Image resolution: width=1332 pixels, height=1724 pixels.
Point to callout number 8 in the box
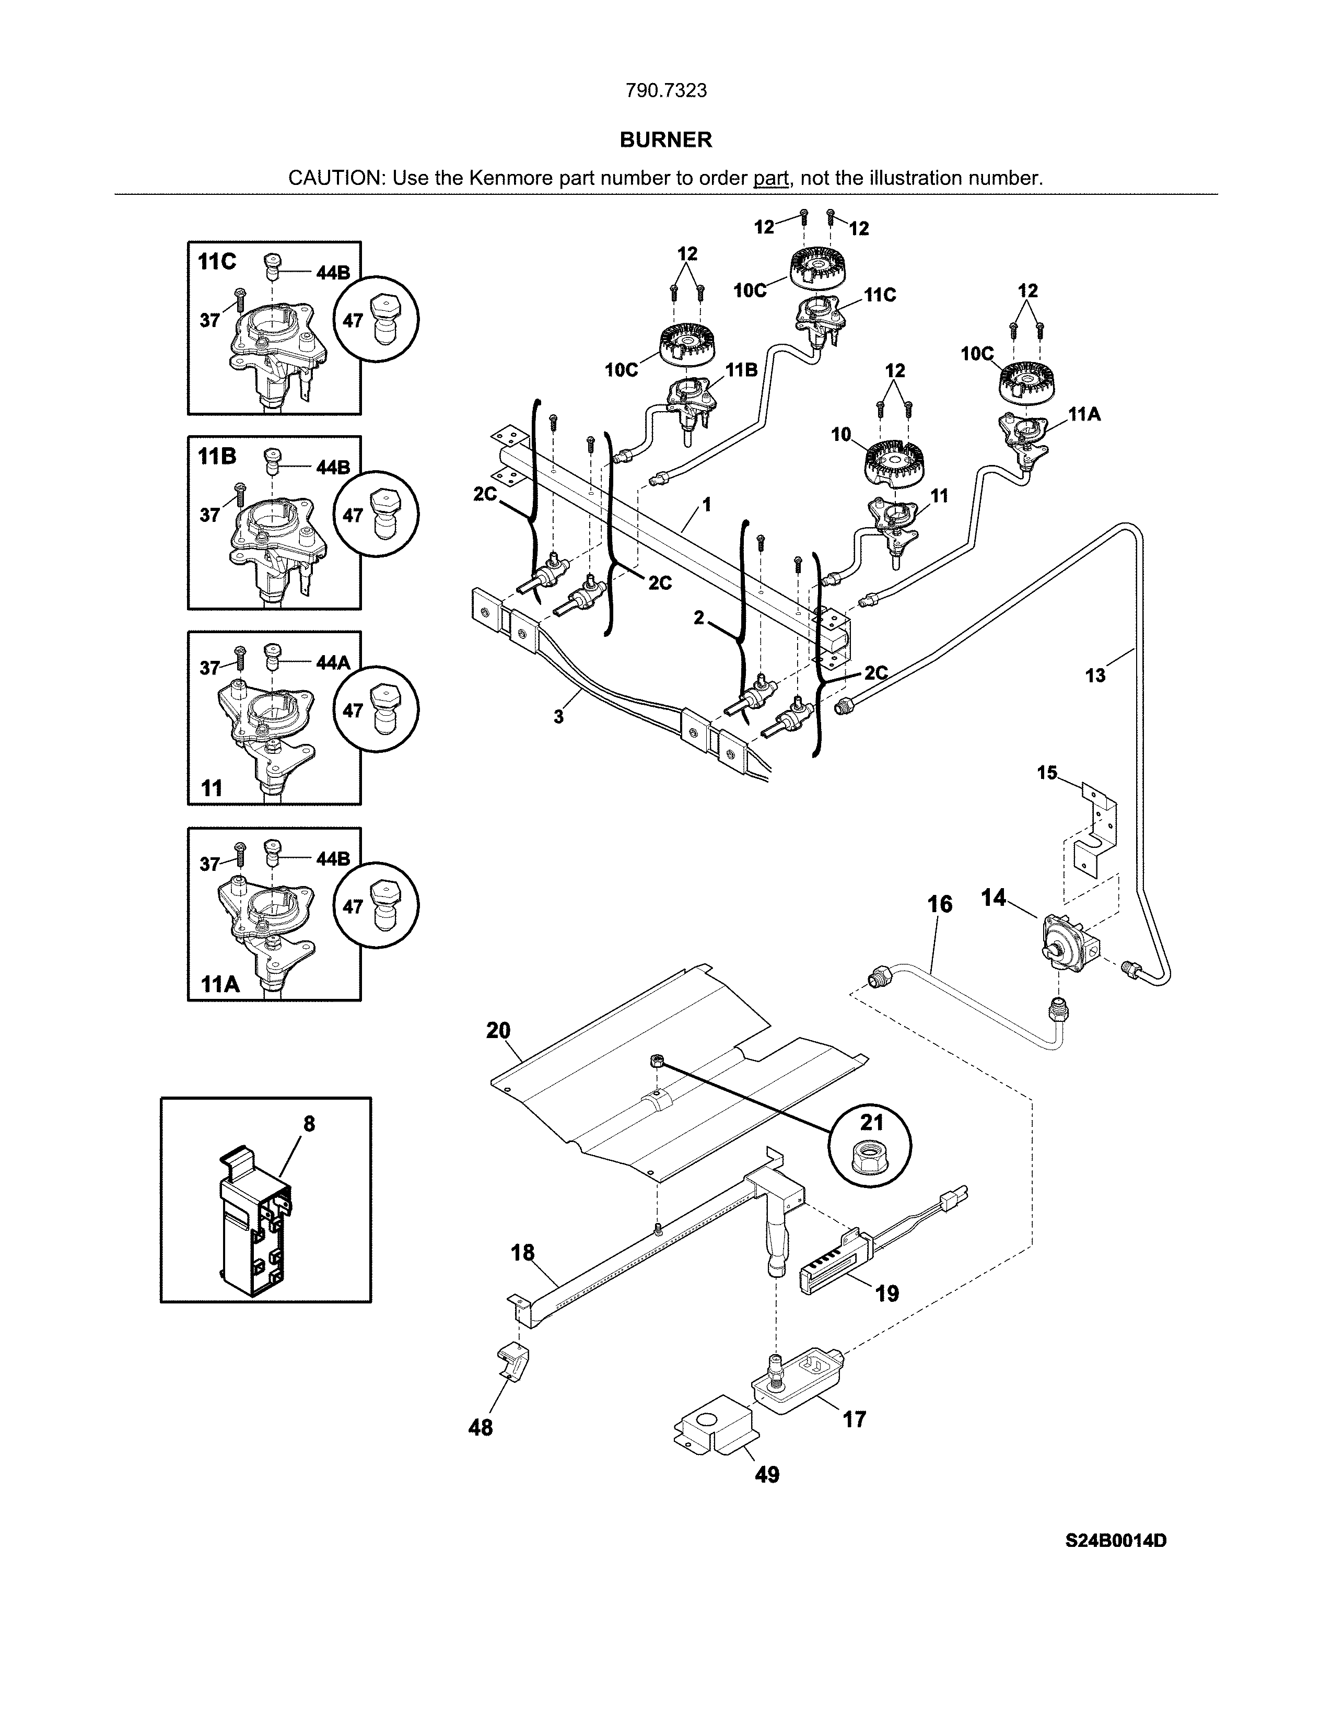point(309,1123)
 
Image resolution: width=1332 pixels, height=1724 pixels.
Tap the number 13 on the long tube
point(1095,675)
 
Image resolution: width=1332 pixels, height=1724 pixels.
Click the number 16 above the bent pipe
point(939,904)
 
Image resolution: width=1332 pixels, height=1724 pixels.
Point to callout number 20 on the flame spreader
point(498,1030)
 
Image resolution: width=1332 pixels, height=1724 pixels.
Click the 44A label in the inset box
point(332,663)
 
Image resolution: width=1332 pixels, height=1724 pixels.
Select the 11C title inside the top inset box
point(217,262)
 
